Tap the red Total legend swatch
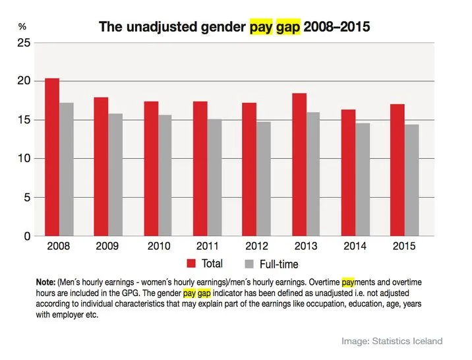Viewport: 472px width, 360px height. coord(192,264)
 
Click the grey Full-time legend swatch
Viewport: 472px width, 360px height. coord(249,264)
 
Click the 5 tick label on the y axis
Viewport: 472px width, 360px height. coord(27,197)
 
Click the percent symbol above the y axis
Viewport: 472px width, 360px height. coord(22,27)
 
